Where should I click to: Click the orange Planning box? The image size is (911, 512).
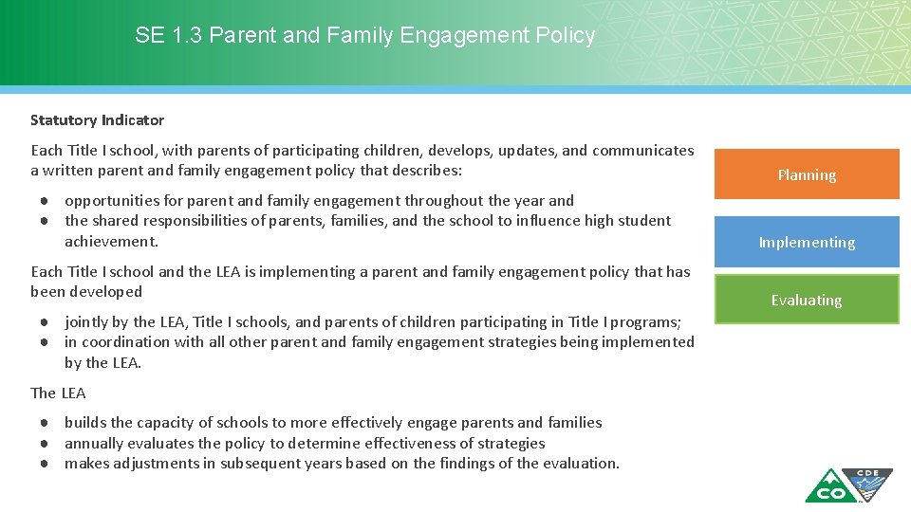point(806,174)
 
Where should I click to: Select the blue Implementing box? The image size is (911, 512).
point(806,242)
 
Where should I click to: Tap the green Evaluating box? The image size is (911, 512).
point(806,300)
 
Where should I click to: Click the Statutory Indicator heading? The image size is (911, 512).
point(97,120)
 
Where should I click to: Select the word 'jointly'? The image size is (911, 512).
point(86,321)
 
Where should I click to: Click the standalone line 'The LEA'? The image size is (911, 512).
point(58,393)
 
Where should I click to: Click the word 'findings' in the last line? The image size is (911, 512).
point(442,463)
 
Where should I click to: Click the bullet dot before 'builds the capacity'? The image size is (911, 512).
point(45,423)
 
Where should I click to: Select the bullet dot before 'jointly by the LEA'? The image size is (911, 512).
point(45,321)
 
